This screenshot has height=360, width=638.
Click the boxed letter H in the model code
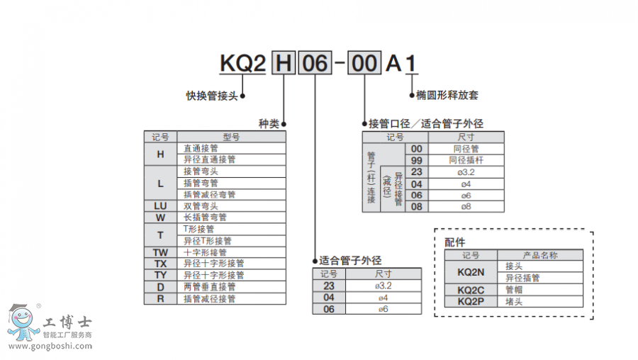click(x=284, y=64)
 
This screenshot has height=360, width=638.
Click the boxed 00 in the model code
click(x=365, y=64)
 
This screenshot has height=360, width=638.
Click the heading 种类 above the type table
click(x=269, y=123)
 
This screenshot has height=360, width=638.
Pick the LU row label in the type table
click(x=160, y=206)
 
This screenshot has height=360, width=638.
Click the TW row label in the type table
click(x=160, y=252)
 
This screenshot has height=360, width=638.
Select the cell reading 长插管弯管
click(x=206, y=218)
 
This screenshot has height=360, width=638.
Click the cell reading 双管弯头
click(x=201, y=206)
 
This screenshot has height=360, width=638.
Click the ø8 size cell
click(x=466, y=206)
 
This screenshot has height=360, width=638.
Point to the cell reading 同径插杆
click(x=466, y=160)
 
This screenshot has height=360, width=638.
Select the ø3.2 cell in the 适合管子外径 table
click(x=384, y=286)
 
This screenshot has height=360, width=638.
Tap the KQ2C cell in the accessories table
click(x=471, y=290)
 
